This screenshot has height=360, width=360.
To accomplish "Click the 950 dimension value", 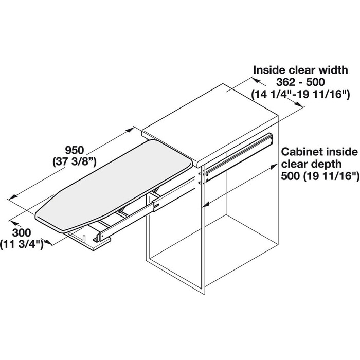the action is (x=75, y=151).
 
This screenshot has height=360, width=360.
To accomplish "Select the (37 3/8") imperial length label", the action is (x=75, y=163).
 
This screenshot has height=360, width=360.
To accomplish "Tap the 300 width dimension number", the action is (x=22, y=233).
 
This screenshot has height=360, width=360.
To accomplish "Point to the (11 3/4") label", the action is (x=22, y=244).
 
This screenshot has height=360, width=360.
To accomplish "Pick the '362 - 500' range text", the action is (x=300, y=82).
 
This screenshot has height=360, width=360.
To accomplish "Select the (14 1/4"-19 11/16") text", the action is (x=300, y=94).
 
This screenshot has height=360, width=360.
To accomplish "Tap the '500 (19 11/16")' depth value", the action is (x=320, y=176).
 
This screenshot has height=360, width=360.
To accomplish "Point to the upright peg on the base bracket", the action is (x=84, y=238).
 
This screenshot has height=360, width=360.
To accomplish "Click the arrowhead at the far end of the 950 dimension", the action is (x=130, y=130).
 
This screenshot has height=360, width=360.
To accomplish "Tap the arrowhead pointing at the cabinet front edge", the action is (x=206, y=204).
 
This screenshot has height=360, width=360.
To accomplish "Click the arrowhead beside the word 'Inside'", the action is (x=256, y=81).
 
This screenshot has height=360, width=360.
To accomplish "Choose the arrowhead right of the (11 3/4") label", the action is (x=47, y=242).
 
